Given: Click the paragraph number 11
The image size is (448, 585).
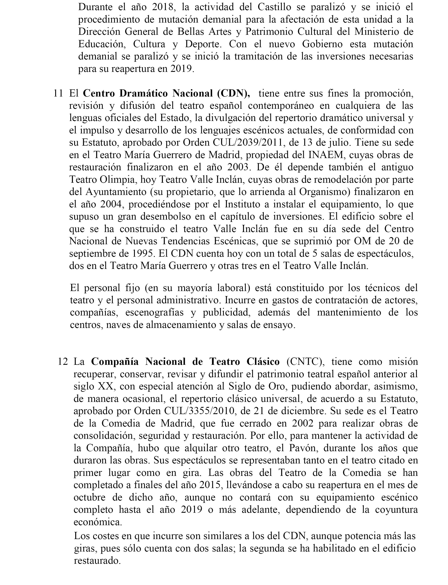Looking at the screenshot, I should pos(58,94).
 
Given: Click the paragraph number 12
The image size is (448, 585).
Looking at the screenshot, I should pos(62,362).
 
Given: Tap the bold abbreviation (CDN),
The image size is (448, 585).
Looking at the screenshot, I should pos(234,94).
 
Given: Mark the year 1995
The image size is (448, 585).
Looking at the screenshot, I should pos(143,253).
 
